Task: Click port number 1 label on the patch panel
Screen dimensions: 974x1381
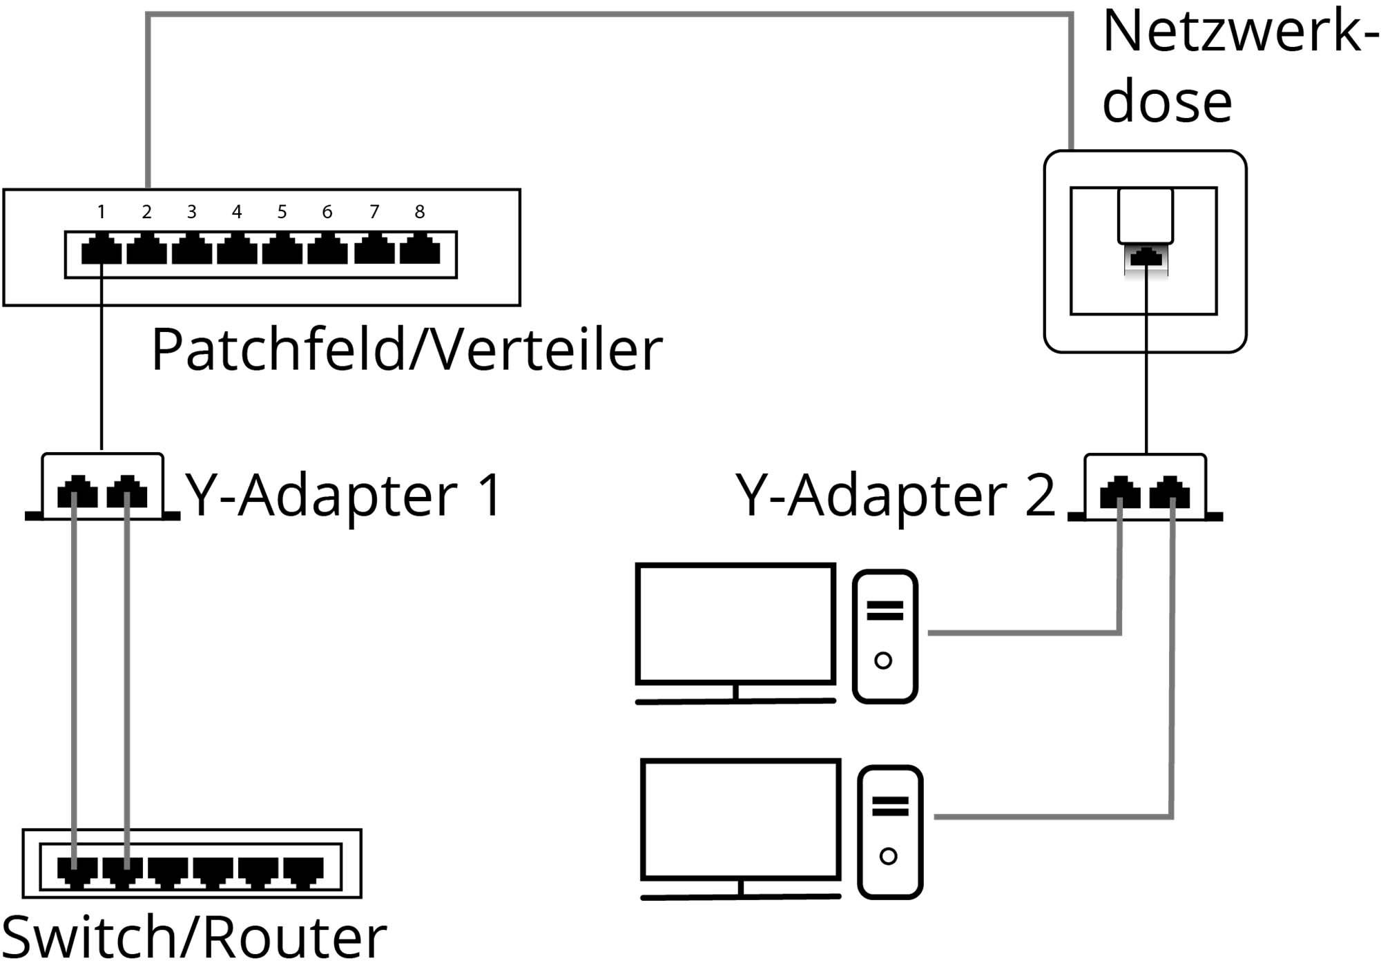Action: click(x=102, y=212)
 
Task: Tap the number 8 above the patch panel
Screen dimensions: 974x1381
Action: click(x=419, y=212)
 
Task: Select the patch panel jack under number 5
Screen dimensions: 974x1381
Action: click(x=282, y=250)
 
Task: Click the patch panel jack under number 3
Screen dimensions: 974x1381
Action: click(x=191, y=250)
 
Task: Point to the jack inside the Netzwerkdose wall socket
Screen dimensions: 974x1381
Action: click(x=1146, y=259)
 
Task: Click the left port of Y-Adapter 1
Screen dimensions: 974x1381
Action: click(x=77, y=492)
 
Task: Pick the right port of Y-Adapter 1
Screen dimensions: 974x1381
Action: click(x=127, y=492)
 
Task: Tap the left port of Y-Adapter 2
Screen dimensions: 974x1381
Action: click(x=1120, y=492)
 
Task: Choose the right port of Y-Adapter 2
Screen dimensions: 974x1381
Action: click(x=1170, y=492)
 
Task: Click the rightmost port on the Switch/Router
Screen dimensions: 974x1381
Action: click(x=303, y=872)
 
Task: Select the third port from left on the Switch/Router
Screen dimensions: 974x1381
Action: click(x=168, y=872)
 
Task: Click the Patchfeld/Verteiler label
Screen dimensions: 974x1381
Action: click(x=407, y=351)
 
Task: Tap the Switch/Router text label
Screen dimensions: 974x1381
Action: click(x=194, y=938)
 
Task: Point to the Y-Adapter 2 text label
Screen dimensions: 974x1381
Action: click(x=895, y=496)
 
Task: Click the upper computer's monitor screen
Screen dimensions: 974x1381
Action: click(x=735, y=623)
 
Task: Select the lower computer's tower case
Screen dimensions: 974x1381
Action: click(x=890, y=831)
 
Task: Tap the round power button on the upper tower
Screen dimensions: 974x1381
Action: click(x=883, y=661)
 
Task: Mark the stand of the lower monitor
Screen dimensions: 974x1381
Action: click(x=741, y=888)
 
